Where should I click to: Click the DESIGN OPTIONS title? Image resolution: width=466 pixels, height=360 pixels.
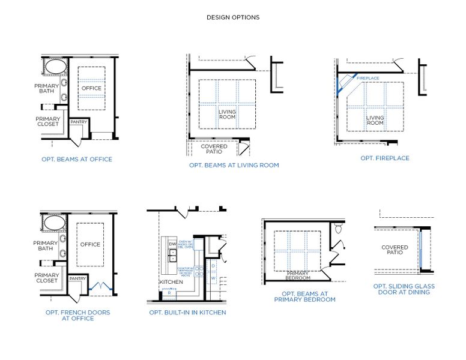tap(233, 17)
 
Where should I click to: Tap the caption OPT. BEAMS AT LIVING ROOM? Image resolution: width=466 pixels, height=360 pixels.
tap(234, 165)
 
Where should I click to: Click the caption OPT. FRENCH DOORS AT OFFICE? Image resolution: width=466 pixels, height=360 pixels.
tap(77, 315)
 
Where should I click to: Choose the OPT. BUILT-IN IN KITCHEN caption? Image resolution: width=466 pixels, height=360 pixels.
tap(187, 313)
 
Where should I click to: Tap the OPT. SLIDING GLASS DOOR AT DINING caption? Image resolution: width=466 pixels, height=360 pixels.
tap(404, 289)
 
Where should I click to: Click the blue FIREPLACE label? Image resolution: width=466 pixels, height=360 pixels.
tap(368, 79)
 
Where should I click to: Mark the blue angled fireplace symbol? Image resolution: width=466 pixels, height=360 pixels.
tap(345, 83)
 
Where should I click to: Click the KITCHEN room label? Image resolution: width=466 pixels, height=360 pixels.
tap(171, 282)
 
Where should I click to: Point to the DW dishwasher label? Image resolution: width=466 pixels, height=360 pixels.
tap(172, 244)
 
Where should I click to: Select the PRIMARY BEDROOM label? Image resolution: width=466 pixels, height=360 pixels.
tap(298, 275)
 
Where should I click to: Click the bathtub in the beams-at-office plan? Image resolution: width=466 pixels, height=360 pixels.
tap(53, 67)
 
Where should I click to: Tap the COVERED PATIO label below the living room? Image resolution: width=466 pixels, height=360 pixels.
tap(214, 149)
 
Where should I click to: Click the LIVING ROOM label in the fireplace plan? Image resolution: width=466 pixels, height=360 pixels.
tap(375, 120)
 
